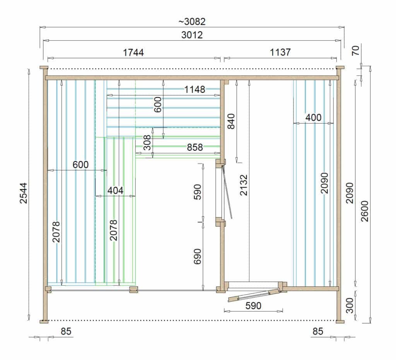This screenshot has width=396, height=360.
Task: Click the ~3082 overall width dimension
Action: tap(192, 22)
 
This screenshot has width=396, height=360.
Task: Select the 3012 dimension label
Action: tap(192, 35)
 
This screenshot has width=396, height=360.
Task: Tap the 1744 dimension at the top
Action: tap(133, 53)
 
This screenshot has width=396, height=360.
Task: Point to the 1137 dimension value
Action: tap(280, 52)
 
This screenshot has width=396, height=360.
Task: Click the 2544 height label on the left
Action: tap(24, 193)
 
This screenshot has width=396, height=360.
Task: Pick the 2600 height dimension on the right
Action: tap(365, 211)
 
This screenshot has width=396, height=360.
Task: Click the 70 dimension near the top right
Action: tap(356, 50)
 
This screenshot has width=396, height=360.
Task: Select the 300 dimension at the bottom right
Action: tap(350, 305)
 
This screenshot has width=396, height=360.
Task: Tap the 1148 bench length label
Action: tap(195, 89)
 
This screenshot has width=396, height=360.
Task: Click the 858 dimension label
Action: tap(195, 147)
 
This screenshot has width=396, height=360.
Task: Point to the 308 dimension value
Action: tap(147, 142)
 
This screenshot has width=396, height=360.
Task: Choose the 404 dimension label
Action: tap(115, 190)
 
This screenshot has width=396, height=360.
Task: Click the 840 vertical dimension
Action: tap(231, 121)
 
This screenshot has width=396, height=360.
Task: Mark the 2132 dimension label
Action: tap(244, 185)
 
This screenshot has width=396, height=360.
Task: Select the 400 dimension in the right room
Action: tap(313, 118)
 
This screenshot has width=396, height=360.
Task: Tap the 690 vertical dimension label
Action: tap(198, 256)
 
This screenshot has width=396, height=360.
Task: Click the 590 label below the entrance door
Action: tap(253, 306)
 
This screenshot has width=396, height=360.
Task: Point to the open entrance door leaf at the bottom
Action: tap(254, 295)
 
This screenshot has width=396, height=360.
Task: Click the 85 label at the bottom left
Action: tap(66, 331)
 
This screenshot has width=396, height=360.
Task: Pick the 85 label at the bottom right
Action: tap(318, 331)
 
